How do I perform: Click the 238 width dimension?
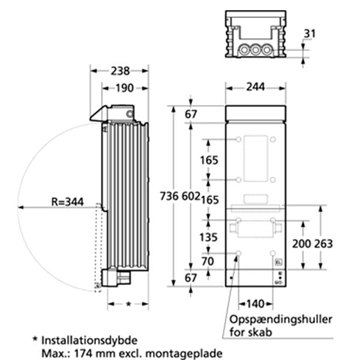tap(119, 70)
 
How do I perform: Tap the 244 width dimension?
tap(256, 86)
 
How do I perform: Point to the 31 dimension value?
tap(308, 34)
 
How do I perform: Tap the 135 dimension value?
tap(208, 238)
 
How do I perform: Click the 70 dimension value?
tap(208, 261)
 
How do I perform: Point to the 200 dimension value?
tap(301, 244)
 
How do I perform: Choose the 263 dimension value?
tap(323, 244)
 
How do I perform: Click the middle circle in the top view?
tap(256, 49)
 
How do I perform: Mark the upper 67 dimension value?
tap(191, 115)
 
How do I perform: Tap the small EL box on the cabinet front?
tap(277, 262)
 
